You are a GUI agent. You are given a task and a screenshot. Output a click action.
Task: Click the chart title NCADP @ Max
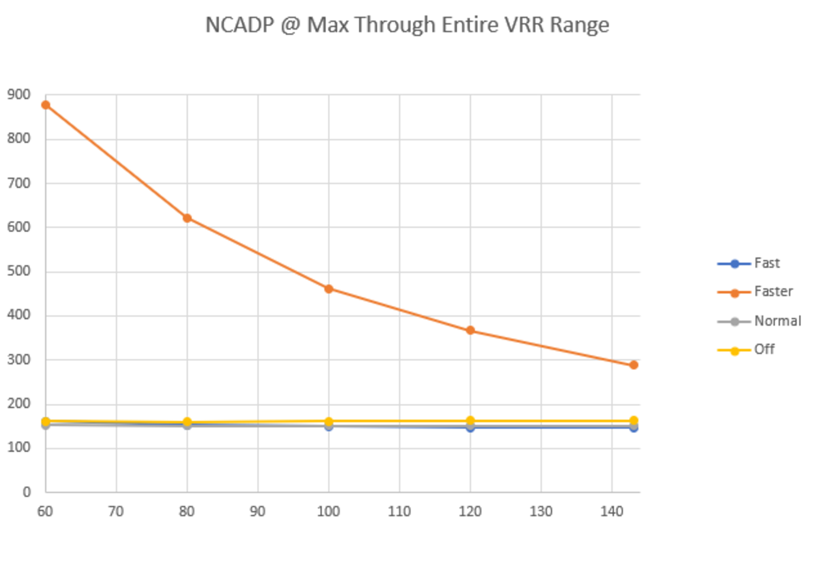point(407,26)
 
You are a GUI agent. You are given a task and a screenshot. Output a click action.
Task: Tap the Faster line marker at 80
point(187,218)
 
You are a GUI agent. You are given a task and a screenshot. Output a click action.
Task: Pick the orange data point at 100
point(329,289)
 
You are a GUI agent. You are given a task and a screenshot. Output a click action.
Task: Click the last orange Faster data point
point(633,365)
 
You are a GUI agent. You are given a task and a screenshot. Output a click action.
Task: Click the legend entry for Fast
point(767,263)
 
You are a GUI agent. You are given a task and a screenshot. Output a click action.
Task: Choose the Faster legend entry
point(773,292)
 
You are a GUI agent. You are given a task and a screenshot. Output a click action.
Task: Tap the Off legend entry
point(764,350)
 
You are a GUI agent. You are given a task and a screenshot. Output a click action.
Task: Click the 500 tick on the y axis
point(19,271)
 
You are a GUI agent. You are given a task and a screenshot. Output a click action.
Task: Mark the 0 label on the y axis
point(27,492)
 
